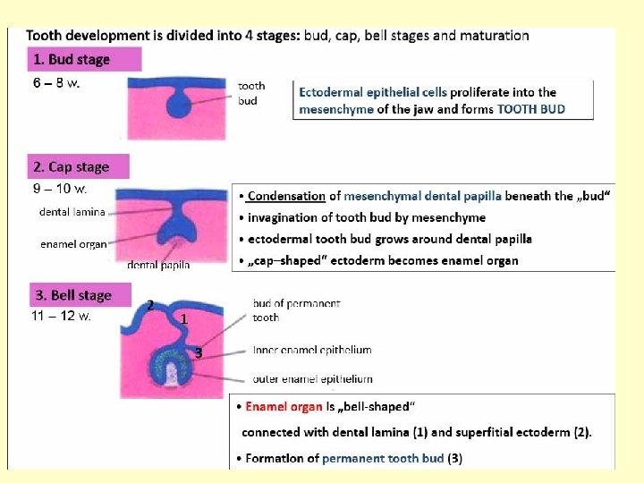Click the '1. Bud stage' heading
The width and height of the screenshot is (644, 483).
(x=72, y=60)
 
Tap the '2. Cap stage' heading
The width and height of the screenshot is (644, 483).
(x=72, y=167)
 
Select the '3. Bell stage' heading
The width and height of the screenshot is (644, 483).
(x=73, y=295)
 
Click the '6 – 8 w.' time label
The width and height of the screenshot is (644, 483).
(x=56, y=83)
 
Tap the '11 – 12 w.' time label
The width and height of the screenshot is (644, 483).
(x=62, y=316)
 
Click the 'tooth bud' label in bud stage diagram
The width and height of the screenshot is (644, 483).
(x=251, y=93)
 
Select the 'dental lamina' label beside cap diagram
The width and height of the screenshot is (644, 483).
(x=72, y=212)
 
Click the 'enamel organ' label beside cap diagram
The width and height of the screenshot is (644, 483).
(x=73, y=243)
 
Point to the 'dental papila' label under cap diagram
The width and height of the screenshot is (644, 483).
(x=158, y=265)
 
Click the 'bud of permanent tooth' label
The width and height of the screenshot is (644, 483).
(x=296, y=310)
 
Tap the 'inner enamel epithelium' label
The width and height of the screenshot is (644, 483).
(x=311, y=350)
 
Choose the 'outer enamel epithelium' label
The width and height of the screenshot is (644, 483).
(x=312, y=378)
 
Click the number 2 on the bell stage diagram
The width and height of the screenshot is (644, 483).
(x=150, y=305)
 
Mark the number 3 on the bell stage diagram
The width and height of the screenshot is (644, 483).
(x=199, y=353)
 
